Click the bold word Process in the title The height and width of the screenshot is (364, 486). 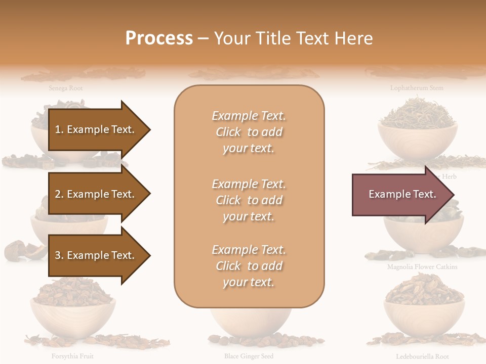pyautogui.click(x=159, y=38)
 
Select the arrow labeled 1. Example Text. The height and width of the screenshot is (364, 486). pyautogui.click(x=96, y=129)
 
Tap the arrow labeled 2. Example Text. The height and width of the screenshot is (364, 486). pyautogui.click(x=96, y=194)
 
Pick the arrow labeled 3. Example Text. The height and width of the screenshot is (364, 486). pyautogui.click(x=96, y=255)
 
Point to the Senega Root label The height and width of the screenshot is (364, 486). pyautogui.click(x=66, y=88)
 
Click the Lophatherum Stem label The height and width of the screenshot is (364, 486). pyautogui.click(x=416, y=88)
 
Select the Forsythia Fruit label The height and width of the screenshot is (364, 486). pyautogui.click(x=72, y=356)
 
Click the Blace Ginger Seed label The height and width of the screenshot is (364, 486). pyautogui.click(x=249, y=356)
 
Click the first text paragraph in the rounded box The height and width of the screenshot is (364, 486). pyautogui.click(x=249, y=132)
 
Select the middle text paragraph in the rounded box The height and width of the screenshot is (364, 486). pyautogui.click(x=249, y=200)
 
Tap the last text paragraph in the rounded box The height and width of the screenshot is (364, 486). pyautogui.click(x=249, y=266)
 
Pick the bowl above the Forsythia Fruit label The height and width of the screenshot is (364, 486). pyautogui.click(x=72, y=313)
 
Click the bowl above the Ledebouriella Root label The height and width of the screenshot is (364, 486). pyautogui.click(x=424, y=313)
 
